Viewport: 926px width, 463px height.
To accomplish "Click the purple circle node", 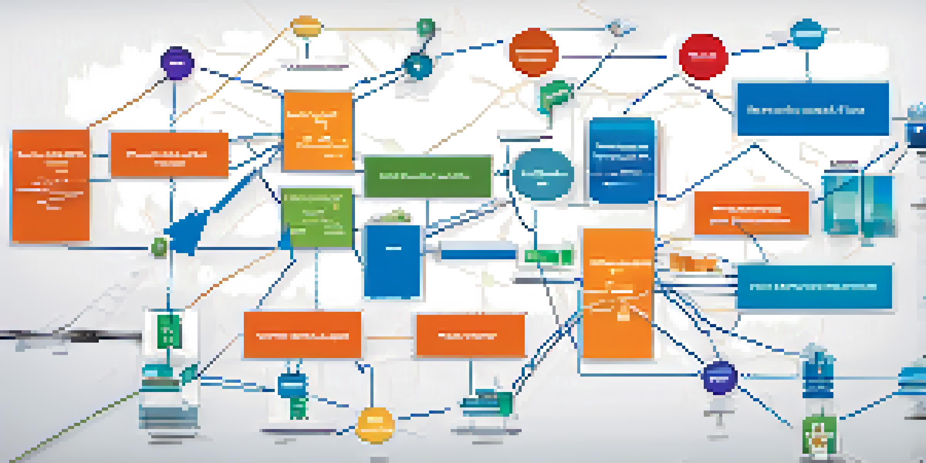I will click(177, 63).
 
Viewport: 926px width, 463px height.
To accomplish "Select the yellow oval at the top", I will click(306, 27).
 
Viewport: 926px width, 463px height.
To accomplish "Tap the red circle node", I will click(703, 57).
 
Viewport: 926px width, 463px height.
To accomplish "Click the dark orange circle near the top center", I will click(533, 52).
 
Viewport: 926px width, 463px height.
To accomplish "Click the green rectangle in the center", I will click(428, 177).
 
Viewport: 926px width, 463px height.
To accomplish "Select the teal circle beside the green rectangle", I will click(543, 174).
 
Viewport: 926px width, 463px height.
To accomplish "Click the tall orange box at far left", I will click(51, 185).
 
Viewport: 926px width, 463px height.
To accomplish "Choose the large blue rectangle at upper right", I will click(813, 109).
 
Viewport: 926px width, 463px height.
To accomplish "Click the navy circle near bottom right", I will click(718, 378).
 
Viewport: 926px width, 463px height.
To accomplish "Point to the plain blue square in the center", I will click(392, 262).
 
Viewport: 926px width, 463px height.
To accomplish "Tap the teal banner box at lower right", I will click(814, 287).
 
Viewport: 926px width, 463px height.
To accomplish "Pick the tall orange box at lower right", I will click(618, 293).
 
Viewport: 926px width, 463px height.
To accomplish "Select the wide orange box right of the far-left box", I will click(169, 155).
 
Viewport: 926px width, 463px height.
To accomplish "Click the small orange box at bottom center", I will click(470, 335).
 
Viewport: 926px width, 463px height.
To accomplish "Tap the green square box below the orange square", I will click(317, 217).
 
